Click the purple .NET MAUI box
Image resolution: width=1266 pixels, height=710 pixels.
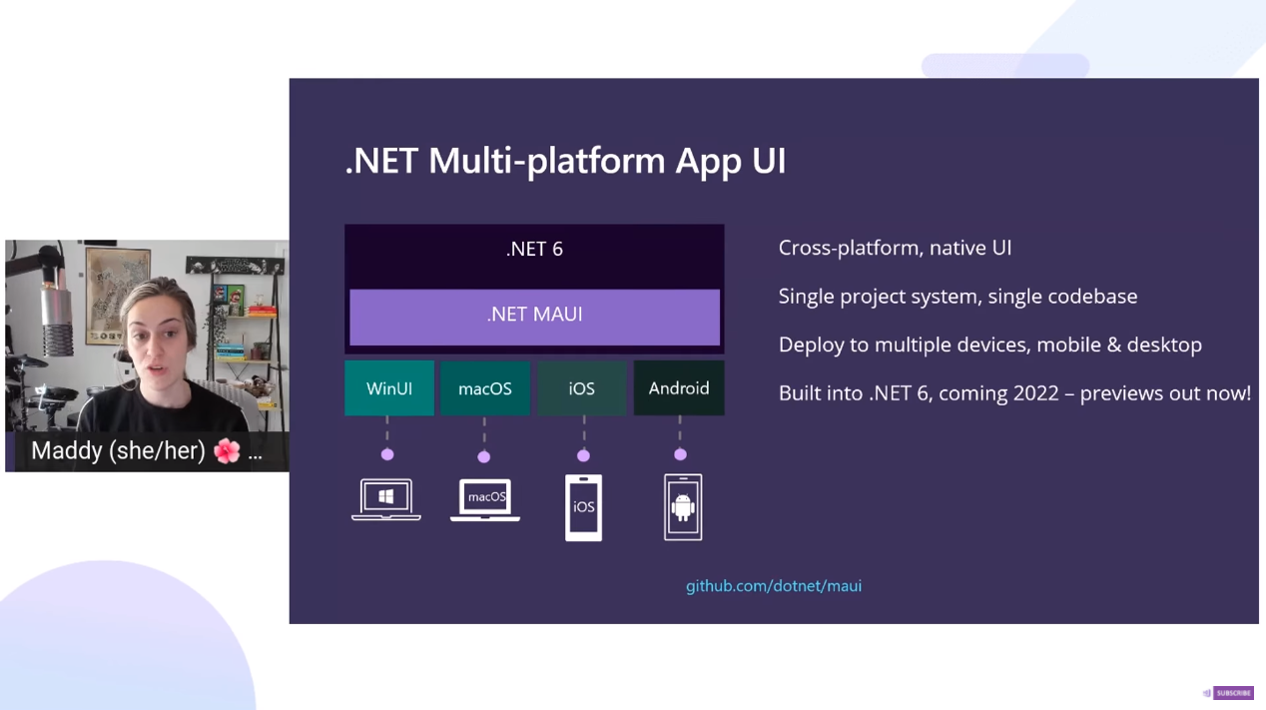point(534,316)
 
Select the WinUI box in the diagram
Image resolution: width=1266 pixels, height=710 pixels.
point(389,388)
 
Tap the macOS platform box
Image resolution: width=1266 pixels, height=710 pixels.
point(485,388)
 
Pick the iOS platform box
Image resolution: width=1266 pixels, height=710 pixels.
point(582,388)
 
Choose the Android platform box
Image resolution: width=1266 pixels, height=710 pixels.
point(679,388)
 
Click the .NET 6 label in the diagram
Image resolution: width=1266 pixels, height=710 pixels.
point(534,249)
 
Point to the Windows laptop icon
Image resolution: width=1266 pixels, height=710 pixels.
point(386,499)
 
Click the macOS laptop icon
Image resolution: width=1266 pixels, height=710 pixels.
point(485,499)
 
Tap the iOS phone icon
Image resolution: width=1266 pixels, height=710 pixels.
point(583,507)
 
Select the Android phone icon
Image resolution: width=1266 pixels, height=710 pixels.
point(683,507)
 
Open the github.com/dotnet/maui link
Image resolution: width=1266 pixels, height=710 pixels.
point(774,586)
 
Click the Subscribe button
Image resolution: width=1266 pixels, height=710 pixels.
point(1232,693)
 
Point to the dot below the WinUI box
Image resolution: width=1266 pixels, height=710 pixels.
point(387,455)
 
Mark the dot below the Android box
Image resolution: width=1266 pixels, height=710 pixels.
point(680,455)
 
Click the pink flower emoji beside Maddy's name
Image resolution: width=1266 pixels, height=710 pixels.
point(228,451)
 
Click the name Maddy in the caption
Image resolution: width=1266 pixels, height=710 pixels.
point(67,451)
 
